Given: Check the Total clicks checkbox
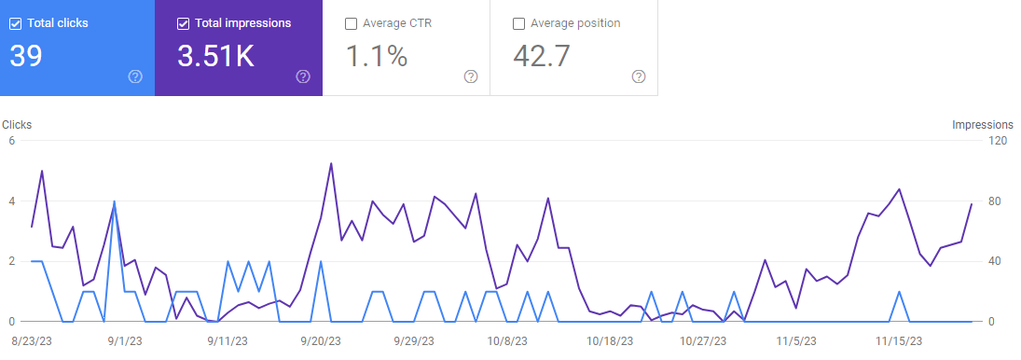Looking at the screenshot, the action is coord(16,24).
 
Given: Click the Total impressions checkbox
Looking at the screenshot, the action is coord(183,24).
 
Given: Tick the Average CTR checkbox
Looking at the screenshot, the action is coord(351,24).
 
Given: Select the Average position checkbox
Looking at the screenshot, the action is coord(519,24).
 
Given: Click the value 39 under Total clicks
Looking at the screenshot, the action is coord(26,56).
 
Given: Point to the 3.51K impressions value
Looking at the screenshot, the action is coord(215,56).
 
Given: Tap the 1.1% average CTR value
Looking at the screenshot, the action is coord(377,56).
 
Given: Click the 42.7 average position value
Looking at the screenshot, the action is coord(541,56).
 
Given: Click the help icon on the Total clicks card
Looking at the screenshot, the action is coord(135,76).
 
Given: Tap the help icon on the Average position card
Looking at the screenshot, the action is coord(639,76).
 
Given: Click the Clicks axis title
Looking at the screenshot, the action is coord(17,124).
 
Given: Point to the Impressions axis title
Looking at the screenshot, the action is coord(983,124).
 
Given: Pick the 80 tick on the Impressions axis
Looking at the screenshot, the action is coord(994,201).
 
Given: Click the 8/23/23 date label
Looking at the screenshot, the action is coord(32,341).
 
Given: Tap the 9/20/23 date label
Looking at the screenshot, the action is coord(321,341).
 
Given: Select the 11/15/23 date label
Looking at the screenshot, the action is coord(899,341).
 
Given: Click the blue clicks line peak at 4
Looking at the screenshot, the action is coord(114,201).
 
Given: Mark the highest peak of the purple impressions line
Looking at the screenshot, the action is coord(331,163).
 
